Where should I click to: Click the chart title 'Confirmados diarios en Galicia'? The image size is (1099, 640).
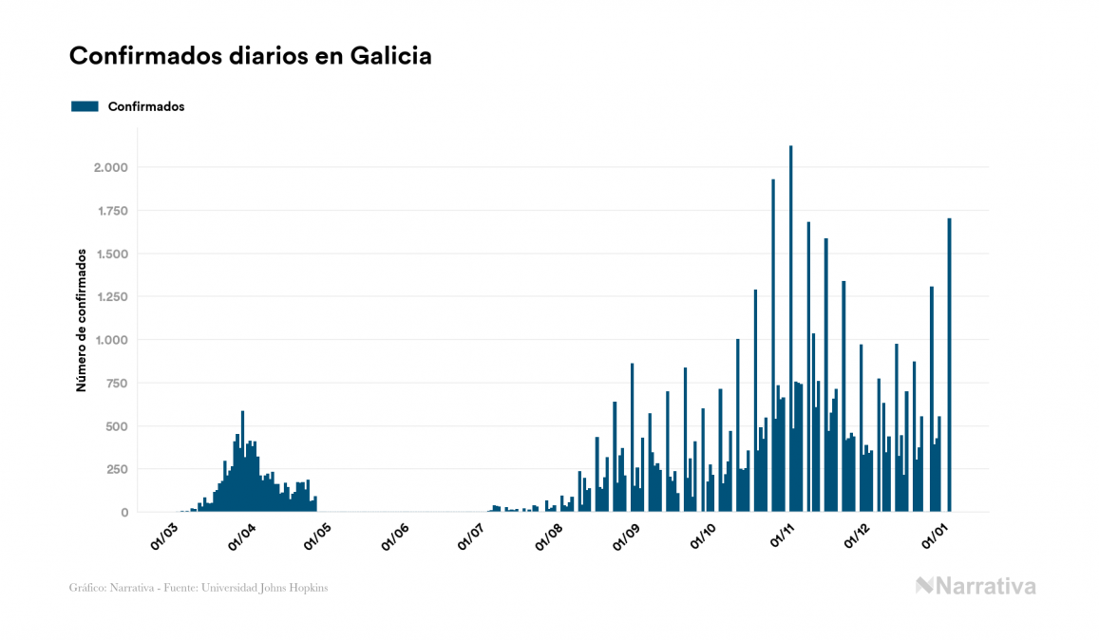pos(251,56)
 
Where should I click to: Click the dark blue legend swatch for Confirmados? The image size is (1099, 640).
pos(85,106)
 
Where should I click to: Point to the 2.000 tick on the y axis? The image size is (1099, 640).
pos(111,168)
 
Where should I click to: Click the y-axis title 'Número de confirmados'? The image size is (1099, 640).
pos(83,321)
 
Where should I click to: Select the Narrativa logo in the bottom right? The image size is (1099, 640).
pos(976,586)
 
